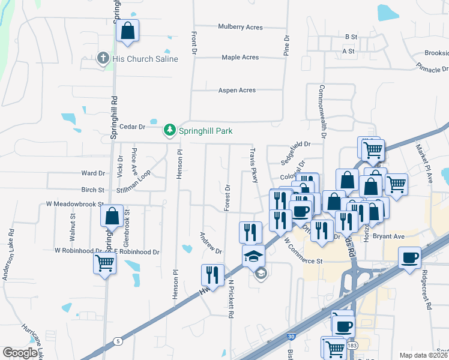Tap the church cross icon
click(103, 58)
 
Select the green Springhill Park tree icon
click(170, 130)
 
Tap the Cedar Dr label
click(133, 127)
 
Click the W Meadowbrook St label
click(75, 204)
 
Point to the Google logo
click(20, 353)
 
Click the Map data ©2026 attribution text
click(424, 355)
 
